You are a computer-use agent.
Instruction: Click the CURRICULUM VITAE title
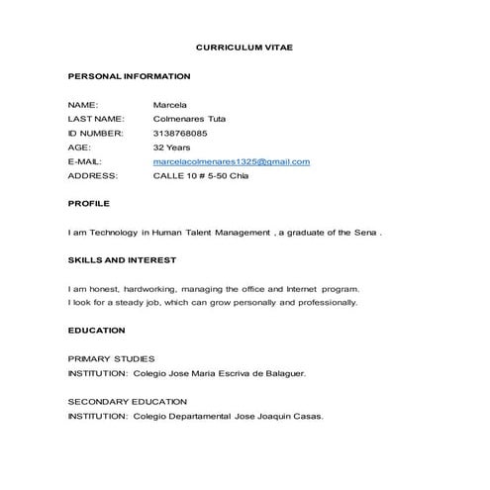pyautogui.click(x=245, y=47)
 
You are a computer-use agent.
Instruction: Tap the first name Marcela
pyautogui.click(x=170, y=104)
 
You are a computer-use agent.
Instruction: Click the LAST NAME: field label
pyautogui.click(x=95, y=119)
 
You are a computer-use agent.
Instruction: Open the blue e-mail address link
pyautogui.click(x=232, y=161)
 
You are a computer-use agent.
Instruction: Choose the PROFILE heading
pyautogui.click(x=88, y=203)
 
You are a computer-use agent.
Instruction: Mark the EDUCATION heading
pyautogui.click(x=97, y=330)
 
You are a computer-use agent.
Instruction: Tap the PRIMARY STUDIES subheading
pyautogui.click(x=111, y=358)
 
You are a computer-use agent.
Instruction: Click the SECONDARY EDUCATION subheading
pyautogui.click(x=127, y=401)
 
